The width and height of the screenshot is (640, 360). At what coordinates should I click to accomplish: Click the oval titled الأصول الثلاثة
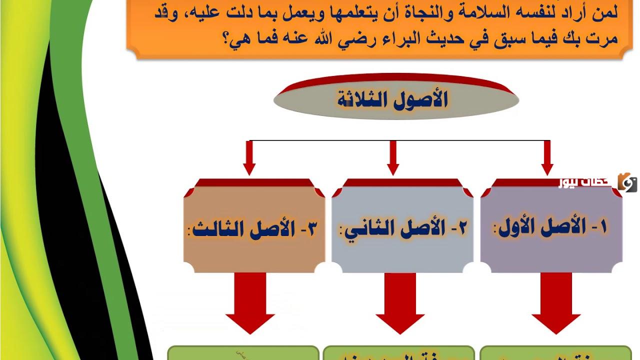pyautogui.click(x=396, y=100)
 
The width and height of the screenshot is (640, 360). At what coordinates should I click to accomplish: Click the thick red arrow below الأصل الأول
pyautogui.click(x=556, y=302)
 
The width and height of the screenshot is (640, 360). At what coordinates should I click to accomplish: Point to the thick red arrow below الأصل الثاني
pyautogui.click(x=400, y=302)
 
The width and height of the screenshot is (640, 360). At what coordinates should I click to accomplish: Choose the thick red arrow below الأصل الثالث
pyautogui.click(x=250, y=302)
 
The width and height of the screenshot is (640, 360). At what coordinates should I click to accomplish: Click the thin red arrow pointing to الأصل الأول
pyautogui.click(x=547, y=158)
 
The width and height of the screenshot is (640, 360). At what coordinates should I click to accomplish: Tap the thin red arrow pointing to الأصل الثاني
pyautogui.click(x=393, y=158)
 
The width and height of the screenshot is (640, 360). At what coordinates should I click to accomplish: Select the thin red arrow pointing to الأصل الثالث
pyautogui.click(x=249, y=158)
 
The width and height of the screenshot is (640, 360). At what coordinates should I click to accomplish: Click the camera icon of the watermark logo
pyautogui.click(x=627, y=182)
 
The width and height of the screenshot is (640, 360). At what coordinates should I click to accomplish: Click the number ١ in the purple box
pyautogui.click(x=603, y=227)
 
